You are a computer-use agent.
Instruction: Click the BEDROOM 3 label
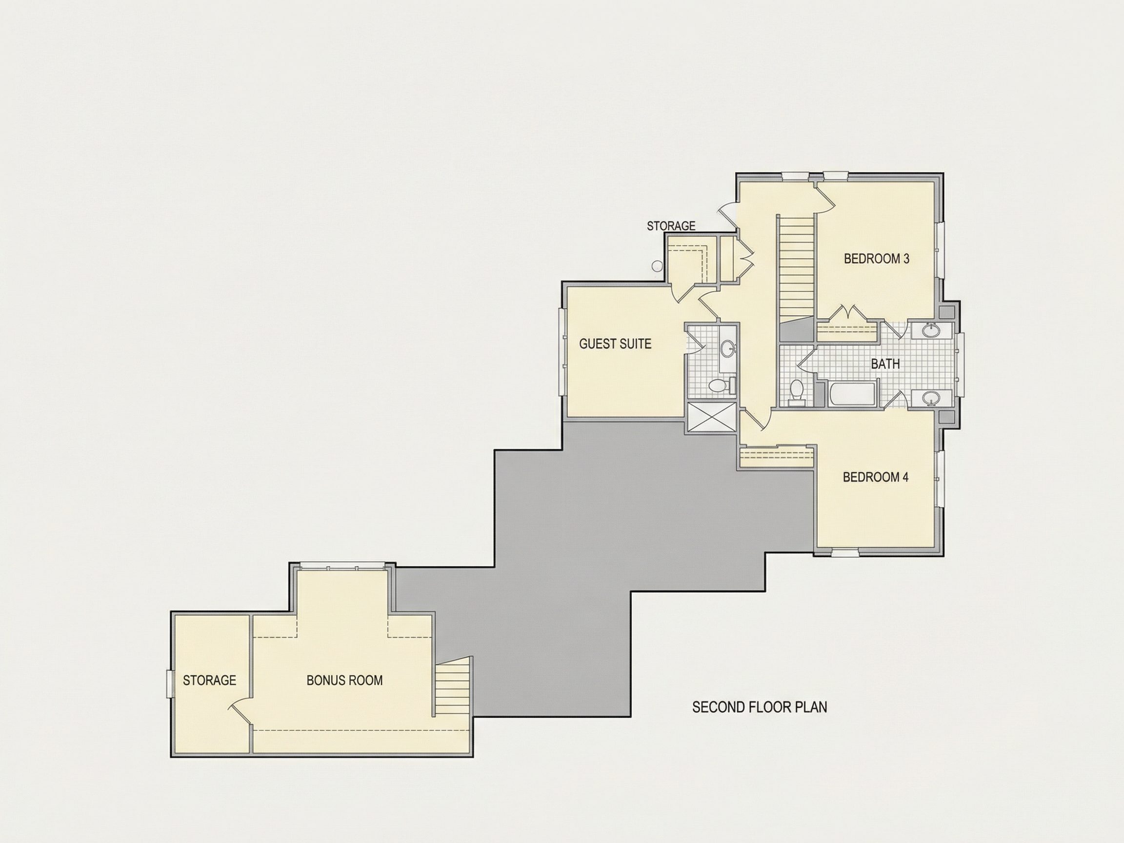pyautogui.click(x=877, y=259)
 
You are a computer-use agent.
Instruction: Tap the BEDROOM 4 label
pyautogui.click(x=876, y=477)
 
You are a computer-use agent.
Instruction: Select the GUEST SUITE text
pyautogui.click(x=615, y=344)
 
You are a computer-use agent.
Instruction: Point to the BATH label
pyautogui.click(x=885, y=364)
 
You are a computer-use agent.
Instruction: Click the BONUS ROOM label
pyautogui.click(x=344, y=681)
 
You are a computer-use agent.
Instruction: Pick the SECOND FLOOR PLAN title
pyautogui.click(x=760, y=707)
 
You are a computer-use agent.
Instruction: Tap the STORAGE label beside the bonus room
pyautogui.click(x=209, y=681)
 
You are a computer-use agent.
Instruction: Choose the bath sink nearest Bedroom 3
pyautogui.click(x=931, y=331)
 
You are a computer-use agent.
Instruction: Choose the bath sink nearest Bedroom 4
pyautogui.click(x=931, y=399)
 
